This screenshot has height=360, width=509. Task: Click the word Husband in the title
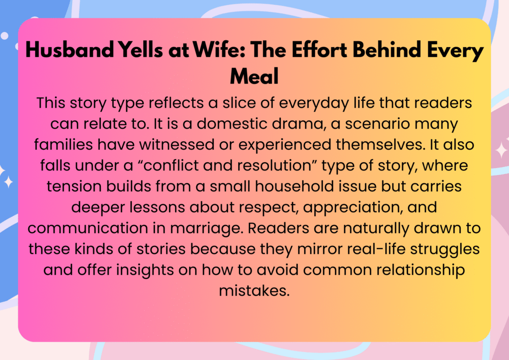70,50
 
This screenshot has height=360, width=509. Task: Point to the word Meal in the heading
254,76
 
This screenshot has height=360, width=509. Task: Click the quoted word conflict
170,166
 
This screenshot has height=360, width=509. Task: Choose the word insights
145,270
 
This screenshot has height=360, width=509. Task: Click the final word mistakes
254,290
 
